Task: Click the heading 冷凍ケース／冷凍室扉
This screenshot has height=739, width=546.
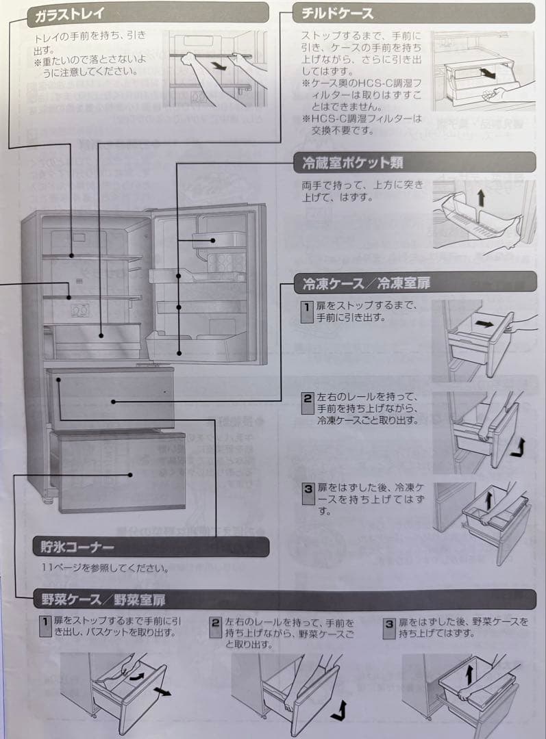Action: click(x=367, y=283)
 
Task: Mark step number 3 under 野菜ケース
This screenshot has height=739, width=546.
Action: click(x=389, y=624)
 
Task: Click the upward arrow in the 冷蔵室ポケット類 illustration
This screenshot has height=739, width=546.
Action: click(x=480, y=198)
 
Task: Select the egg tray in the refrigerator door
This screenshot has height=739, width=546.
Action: click(x=227, y=261)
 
